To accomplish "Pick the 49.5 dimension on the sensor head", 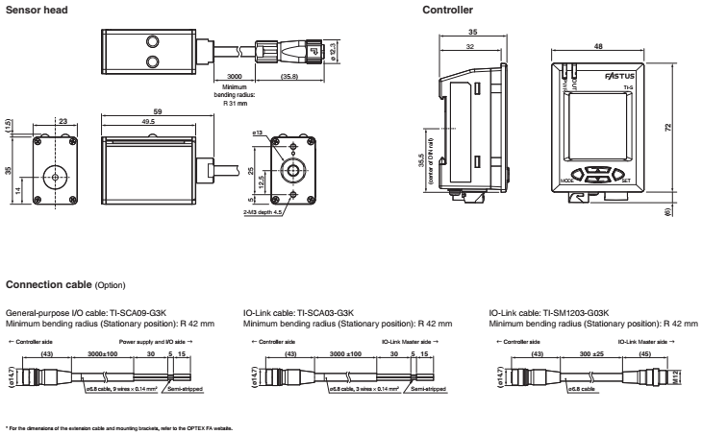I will pyautogui.click(x=147, y=123).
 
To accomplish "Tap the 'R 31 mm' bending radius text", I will pyautogui.click(x=235, y=102).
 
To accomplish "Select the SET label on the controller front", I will pyautogui.click(x=626, y=179).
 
